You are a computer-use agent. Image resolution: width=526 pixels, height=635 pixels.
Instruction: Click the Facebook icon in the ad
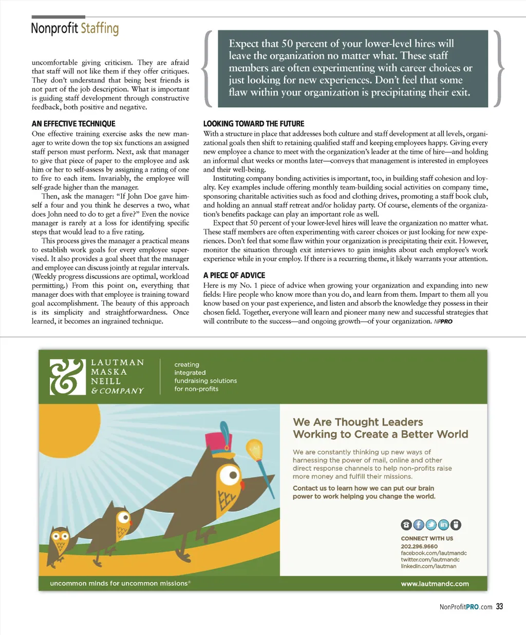[419, 525]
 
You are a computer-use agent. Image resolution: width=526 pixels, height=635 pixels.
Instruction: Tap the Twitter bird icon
[431, 525]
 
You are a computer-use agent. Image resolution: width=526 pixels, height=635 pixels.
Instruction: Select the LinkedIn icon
[443, 525]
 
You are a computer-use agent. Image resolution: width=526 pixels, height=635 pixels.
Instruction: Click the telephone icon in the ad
[406, 525]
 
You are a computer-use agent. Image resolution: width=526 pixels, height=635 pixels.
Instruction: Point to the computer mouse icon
[456, 525]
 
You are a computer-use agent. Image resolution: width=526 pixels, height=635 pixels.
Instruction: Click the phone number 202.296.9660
[419, 546]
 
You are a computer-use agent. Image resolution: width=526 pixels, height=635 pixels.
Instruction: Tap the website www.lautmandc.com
[435, 584]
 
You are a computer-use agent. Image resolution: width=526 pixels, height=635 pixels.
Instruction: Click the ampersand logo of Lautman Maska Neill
[67, 377]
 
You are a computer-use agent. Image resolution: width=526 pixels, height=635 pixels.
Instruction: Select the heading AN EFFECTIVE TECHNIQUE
[73, 124]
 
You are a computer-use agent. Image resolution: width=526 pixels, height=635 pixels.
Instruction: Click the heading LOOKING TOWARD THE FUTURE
[254, 124]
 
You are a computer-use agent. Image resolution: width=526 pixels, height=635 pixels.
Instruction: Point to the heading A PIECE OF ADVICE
[234, 276]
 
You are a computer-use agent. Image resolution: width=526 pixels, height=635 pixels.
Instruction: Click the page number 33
[499, 607]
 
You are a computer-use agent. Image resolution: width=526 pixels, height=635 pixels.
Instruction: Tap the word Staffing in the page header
[100, 28]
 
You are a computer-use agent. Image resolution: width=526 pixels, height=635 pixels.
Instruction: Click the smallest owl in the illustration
[60, 541]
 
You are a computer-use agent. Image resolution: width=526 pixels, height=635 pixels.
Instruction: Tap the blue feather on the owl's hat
[224, 430]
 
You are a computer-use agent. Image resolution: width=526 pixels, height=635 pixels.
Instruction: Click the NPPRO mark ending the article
[443, 322]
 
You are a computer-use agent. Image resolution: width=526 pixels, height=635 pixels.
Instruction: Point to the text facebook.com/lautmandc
[434, 553]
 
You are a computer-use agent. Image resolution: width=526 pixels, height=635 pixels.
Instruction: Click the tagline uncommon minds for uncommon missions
[120, 584]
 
